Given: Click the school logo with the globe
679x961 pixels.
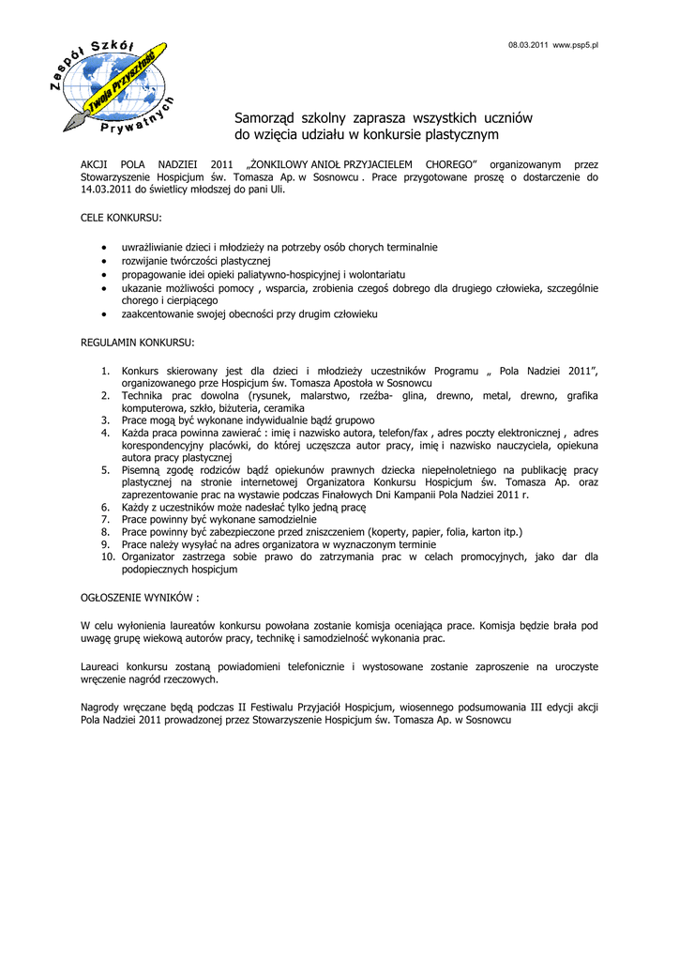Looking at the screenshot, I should pos(112,87).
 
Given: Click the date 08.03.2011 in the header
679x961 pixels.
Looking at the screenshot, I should pos(528,45).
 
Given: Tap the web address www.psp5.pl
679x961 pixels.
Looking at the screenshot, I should pos(576,45).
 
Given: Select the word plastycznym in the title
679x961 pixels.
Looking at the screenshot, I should pos(457,136).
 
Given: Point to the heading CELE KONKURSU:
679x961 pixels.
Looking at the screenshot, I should pos(121,218).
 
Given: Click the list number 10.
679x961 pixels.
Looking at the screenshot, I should pos(106,557).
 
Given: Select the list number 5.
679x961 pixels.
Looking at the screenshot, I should pos(106,469).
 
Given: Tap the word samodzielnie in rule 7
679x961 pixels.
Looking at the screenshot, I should pos(286,519).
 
